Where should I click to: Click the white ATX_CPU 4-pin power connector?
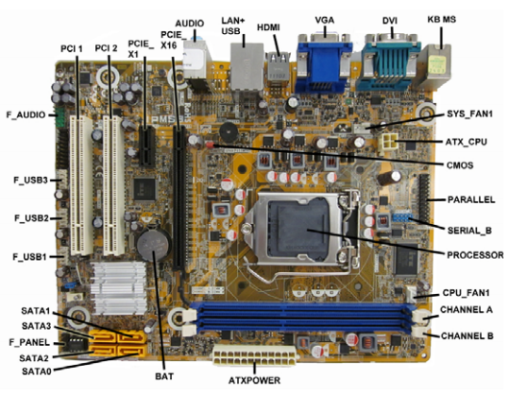387,143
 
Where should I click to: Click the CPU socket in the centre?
301,229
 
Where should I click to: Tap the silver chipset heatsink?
119,288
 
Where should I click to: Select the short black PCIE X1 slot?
147,146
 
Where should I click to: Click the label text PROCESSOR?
475,255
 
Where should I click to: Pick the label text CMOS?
460,165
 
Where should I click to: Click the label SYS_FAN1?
469,114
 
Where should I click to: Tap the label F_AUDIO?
26,115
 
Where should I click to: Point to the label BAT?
164,376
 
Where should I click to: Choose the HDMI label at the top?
268,27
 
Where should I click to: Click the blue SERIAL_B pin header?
402,217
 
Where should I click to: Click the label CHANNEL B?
467,336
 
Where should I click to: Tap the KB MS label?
441,20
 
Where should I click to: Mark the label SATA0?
37,370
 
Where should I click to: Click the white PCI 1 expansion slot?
81,185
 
